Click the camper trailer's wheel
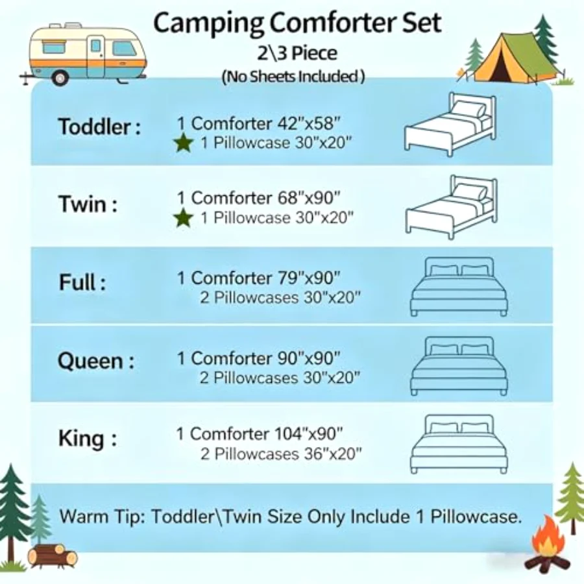[x=60, y=79]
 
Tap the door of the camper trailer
[x=96, y=56]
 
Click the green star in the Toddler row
[x=183, y=143]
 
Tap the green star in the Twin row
[x=183, y=218]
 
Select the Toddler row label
[x=100, y=127]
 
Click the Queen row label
[x=96, y=361]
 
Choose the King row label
[x=88, y=439]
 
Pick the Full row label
[x=82, y=282]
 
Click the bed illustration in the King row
[x=459, y=444]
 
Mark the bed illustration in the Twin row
[x=452, y=207]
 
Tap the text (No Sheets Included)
[x=293, y=77]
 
